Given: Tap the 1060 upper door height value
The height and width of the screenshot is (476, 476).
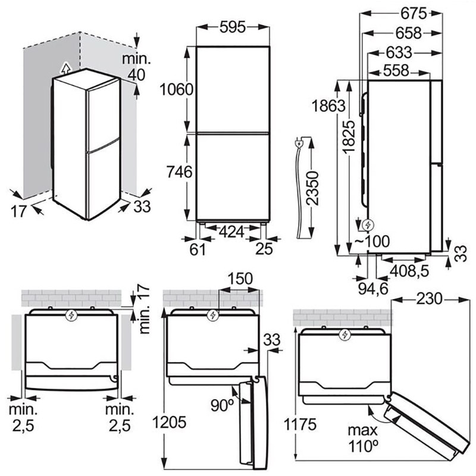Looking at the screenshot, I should point(177,90).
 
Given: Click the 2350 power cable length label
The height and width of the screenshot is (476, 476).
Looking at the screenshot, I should point(313,188).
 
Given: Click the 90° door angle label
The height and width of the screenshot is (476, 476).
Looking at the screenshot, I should point(222,405).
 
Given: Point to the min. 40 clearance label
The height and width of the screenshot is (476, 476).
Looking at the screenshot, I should point(136,67).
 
